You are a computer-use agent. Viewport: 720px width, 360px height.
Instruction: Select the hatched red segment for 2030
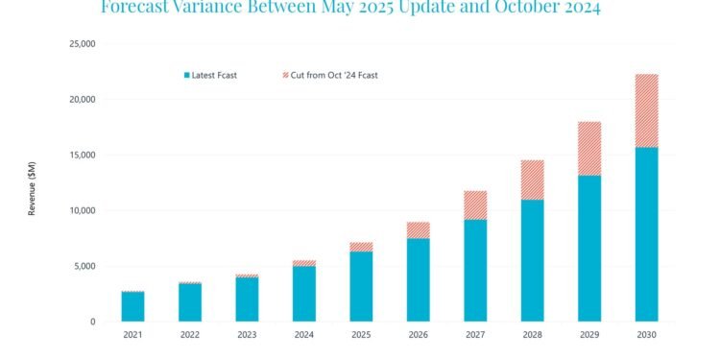tap(646, 110)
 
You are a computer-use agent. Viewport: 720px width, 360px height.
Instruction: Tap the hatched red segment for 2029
tap(589, 148)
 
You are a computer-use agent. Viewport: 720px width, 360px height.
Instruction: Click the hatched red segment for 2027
tap(475, 204)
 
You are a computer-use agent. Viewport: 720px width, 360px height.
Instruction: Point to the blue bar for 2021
tap(132, 306)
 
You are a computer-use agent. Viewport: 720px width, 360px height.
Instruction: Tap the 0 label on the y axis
tap(92, 323)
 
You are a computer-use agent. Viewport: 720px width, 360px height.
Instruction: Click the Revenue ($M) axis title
tap(32, 182)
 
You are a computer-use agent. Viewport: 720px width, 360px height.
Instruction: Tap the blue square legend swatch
tap(187, 75)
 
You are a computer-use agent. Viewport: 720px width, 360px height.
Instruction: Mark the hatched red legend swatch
tap(284, 75)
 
